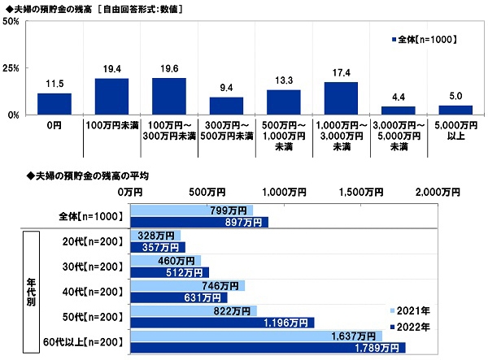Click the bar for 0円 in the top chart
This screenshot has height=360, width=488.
(54, 104)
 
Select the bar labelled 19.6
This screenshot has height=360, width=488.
(168, 97)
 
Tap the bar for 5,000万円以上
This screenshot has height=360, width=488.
(455, 111)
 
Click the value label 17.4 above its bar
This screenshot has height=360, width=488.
(340, 74)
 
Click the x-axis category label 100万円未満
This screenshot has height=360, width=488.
(111, 126)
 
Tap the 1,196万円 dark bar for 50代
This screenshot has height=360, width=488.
(222, 322)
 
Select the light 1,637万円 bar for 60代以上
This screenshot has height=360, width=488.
(255, 335)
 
